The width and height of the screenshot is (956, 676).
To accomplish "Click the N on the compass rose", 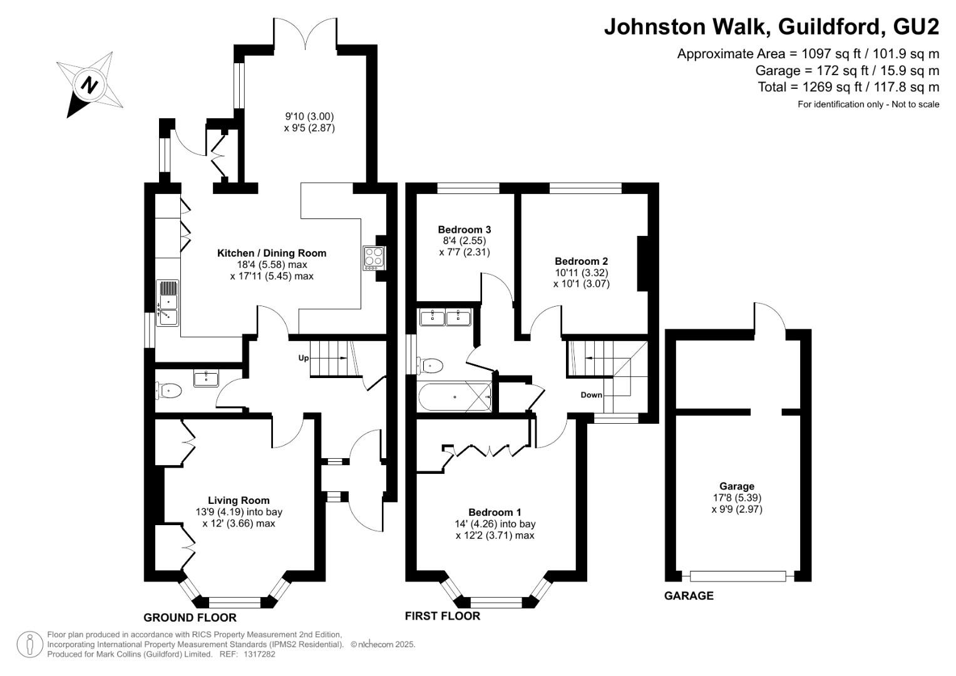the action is pos(89,85).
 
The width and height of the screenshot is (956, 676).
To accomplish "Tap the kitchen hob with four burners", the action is pos(374,258).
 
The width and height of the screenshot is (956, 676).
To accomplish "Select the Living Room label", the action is pos(239,500).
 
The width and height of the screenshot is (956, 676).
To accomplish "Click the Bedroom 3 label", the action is pos(465,230).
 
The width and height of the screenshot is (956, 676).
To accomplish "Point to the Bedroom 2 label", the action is pos(581,261).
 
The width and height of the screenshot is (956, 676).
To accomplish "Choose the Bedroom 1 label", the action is pos(495,512).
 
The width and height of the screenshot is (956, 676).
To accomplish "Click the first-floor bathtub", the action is pos(455,397).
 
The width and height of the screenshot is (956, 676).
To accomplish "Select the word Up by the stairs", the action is pos(304,357).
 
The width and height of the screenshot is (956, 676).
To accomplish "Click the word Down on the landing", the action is pos(591,395).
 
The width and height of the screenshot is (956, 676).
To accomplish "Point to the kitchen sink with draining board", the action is pos(167,303).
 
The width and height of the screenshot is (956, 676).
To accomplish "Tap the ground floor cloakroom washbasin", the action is pos(206,379).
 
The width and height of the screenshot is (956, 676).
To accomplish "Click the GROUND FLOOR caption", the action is pos(190,618).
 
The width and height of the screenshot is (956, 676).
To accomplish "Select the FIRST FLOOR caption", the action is pos(443,616).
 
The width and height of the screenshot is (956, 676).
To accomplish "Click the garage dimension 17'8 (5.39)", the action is pos(737,498).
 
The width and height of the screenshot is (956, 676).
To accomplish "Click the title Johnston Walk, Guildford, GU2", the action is pos(772,26).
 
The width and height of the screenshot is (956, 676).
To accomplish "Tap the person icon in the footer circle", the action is pos(30,645).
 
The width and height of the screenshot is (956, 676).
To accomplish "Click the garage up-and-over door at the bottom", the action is pos(738,576).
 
